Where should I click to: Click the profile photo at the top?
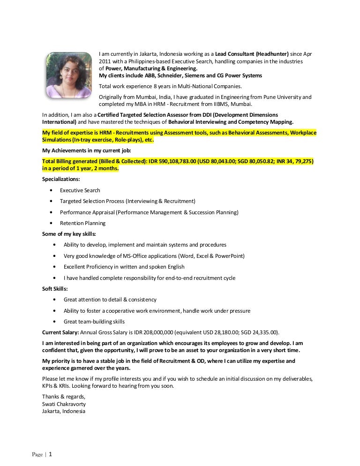pos(68,75)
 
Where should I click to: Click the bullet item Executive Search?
pos(80,190)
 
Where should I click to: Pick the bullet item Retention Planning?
pos(82,223)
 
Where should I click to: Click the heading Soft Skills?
pos(55,289)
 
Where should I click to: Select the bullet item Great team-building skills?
pos(94,322)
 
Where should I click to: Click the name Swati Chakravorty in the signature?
pos(64,404)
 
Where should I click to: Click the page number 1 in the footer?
pos(51,454)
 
